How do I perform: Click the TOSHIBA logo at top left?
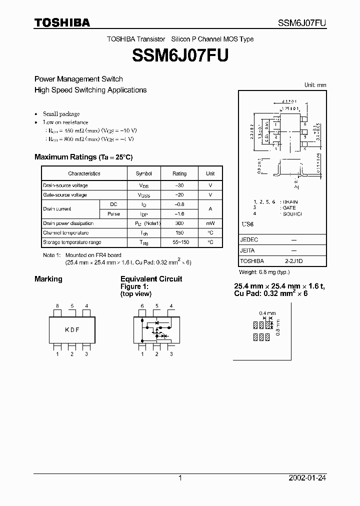pos(62,22)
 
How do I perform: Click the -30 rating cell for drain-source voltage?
pos(179,185)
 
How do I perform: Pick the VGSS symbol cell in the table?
pos(143,195)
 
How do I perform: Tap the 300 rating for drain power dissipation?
pos(179,223)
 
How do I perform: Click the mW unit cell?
pos(210,223)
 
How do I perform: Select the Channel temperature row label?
pos(65,233)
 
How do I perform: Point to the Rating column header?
pos(179,173)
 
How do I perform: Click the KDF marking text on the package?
pos(72,329)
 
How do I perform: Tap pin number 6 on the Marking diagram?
pos(57,306)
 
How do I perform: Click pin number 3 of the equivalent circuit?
pos(171,354)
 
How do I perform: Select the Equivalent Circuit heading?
pos(151,279)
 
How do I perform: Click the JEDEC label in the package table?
pos(249,240)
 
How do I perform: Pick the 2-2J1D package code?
pos(293,261)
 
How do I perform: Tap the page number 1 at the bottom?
pos(180,478)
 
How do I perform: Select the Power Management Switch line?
pos(78,79)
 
